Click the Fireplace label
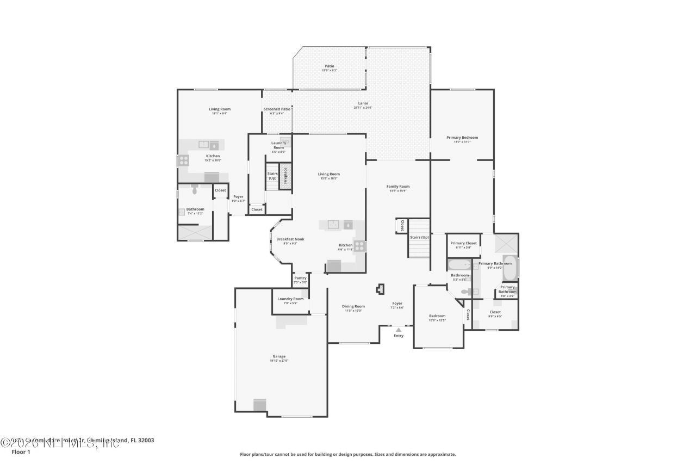[285, 176]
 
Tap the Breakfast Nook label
[290, 239]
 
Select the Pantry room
[300, 280]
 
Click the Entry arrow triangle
[399, 330]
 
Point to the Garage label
[279, 356]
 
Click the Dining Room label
[353, 306]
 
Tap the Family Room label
[398, 187]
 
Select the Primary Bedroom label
[462, 138]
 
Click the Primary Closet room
[463, 245]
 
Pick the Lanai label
[363, 103]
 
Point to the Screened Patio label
[277, 109]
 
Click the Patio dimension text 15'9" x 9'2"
[330, 71]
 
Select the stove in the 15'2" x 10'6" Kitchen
[184, 160]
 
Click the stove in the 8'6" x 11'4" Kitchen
[359, 246]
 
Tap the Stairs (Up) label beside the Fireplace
[272, 176]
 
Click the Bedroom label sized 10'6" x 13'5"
[437, 316]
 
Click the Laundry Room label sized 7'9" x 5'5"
[290, 299]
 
